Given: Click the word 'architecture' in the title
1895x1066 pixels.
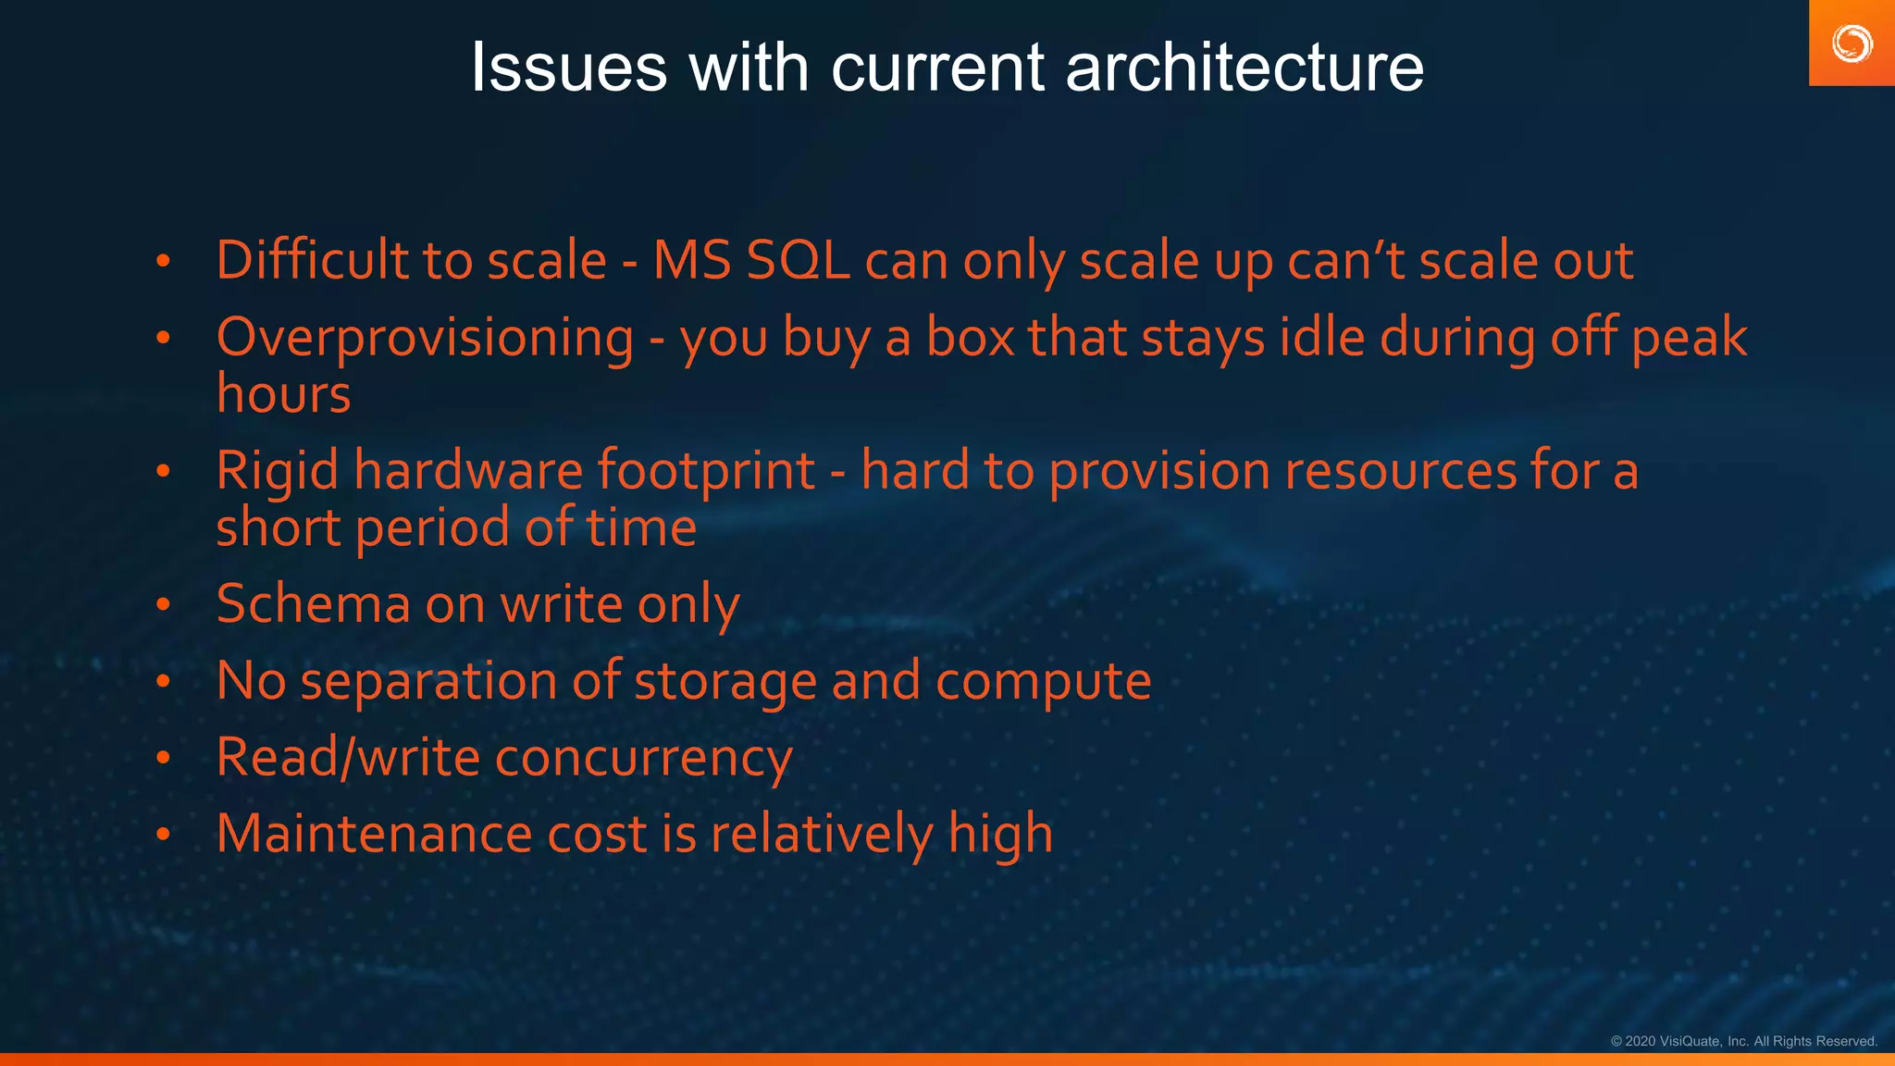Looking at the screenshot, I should [1244, 68].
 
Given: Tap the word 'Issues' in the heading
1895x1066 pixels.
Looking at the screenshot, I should [568, 68].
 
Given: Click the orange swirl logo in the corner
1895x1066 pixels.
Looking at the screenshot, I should [1852, 43].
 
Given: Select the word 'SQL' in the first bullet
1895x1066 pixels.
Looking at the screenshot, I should [798, 261].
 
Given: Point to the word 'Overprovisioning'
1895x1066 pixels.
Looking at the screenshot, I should [425, 338].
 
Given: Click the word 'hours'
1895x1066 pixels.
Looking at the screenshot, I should [283, 395].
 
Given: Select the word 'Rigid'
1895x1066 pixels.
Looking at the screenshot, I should [278, 471].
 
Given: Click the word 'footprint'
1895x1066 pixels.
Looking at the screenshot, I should [705, 471].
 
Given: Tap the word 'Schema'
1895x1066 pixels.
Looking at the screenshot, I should [313, 604].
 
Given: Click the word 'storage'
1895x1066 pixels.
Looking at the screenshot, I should [725, 682].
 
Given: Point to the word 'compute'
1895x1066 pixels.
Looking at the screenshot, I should [1043, 682].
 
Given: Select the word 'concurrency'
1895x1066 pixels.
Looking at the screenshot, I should [643, 759].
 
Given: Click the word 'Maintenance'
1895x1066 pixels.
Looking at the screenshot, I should [374, 834].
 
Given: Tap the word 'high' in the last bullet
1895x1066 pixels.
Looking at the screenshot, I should [1000, 834].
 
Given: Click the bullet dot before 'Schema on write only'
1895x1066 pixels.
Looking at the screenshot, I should [164, 605].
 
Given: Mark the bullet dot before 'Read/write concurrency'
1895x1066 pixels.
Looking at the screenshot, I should [164, 759].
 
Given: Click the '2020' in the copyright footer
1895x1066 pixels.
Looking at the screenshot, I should [1640, 1041].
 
